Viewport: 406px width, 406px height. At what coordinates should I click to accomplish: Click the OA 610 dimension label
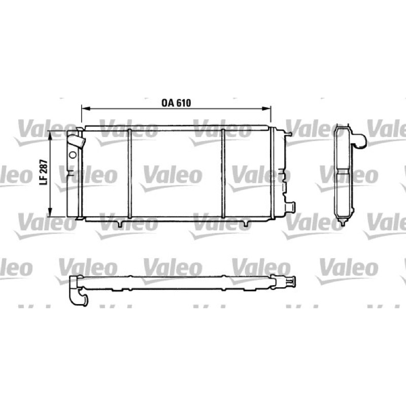tap(176, 103)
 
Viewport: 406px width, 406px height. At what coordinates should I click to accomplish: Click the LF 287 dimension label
tap(44, 172)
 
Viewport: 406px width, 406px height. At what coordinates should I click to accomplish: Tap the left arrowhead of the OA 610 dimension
tap(85, 109)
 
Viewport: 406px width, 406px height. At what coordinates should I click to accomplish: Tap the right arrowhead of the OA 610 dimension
tap(266, 109)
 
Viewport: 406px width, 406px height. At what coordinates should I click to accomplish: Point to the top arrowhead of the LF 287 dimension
tap(51, 135)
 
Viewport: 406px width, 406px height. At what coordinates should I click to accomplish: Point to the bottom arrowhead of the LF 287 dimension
tap(51, 212)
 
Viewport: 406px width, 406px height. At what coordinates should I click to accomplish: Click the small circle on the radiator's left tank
tap(73, 155)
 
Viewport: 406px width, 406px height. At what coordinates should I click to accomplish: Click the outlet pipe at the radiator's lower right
tap(290, 207)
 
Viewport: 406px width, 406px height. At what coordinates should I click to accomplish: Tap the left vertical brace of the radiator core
tap(130, 173)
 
